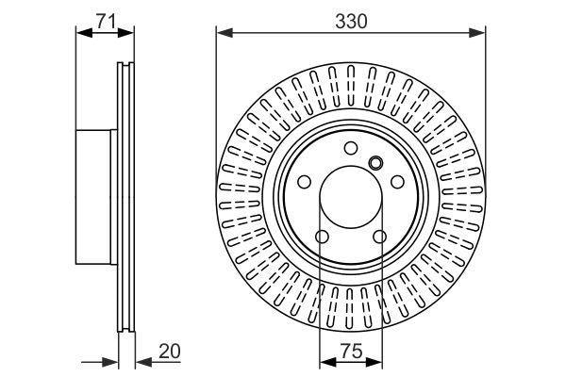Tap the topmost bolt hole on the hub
(x=350, y=147)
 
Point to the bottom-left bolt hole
(x=321, y=237)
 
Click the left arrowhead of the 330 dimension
(x=223, y=34)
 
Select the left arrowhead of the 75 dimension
(x=325, y=363)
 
